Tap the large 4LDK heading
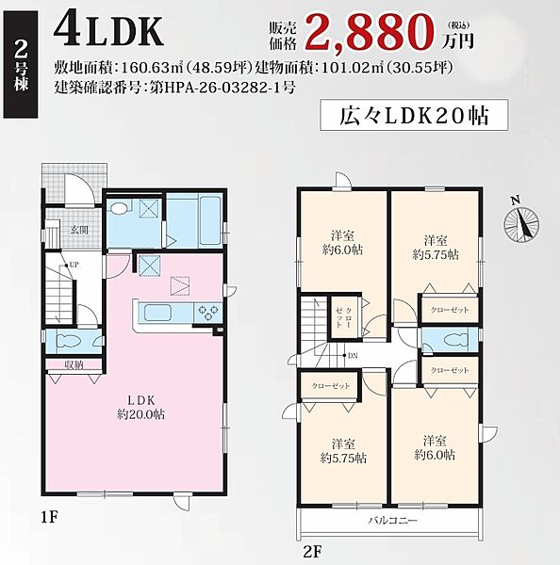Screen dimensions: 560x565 click(x=108, y=32)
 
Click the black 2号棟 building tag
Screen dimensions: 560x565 click(x=21, y=64)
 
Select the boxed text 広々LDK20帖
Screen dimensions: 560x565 click(x=414, y=115)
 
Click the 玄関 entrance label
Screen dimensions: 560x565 click(x=79, y=230)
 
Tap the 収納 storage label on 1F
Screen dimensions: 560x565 click(x=74, y=364)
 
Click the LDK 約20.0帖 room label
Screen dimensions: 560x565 click(x=140, y=407)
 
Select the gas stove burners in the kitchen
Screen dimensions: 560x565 click(x=207, y=312)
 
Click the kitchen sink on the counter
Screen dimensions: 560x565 click(x=157, y=313)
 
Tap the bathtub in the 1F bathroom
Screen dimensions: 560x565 click(x=209, y=219)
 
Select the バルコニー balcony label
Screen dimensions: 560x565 click(x=392, y=521)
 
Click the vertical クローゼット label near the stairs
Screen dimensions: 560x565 click(x=344, y=317)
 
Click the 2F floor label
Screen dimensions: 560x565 click(x=312, y=552)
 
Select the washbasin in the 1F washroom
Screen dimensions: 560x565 click(x=119, y=208)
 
